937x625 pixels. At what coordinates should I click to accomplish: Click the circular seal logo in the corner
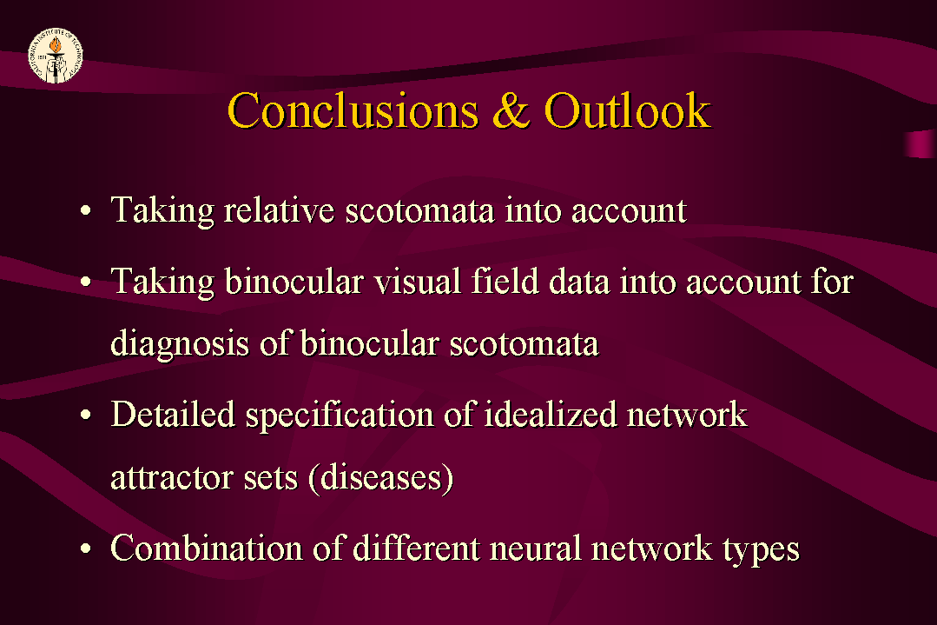pyautogui.click(x=56, y=56)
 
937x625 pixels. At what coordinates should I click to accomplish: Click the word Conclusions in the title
pyautogui.click(x=353, y=110)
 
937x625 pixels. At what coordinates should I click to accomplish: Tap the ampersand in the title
pyautogui.click(x=511, y=110)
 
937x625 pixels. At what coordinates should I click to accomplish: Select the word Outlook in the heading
pyautogui.click(x=628, y=110)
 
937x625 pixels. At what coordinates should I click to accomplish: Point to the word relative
pyautogui.click(x=279, y=210)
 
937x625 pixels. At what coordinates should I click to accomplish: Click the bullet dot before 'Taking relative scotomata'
pyautogui.click(x=86, y=211)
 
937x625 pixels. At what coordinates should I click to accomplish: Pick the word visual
pyautogui.click(x=418, y=281)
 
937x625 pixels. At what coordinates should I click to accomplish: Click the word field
pyautogui.click(x=505, y=281)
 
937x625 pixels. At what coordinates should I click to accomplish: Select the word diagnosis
pyautogui.click(x=180, y=344)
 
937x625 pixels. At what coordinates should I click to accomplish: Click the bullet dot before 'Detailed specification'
pyautogui.click(x=86, y=415)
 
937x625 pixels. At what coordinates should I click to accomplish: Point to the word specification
pyautogui.click(x=340, y=416)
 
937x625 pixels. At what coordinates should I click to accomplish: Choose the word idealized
pyautogui.click(x=550, y=415)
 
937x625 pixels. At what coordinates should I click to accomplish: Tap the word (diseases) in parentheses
pyautogui.click(x=380, y=478)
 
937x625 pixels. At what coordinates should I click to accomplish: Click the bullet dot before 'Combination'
pyautogui.click(x=86, y=549)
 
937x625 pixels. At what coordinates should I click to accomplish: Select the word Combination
pyautogui.click(x=207, y=548)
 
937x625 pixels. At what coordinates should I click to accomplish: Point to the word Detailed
pyautogui.click(x=173, y=415)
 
